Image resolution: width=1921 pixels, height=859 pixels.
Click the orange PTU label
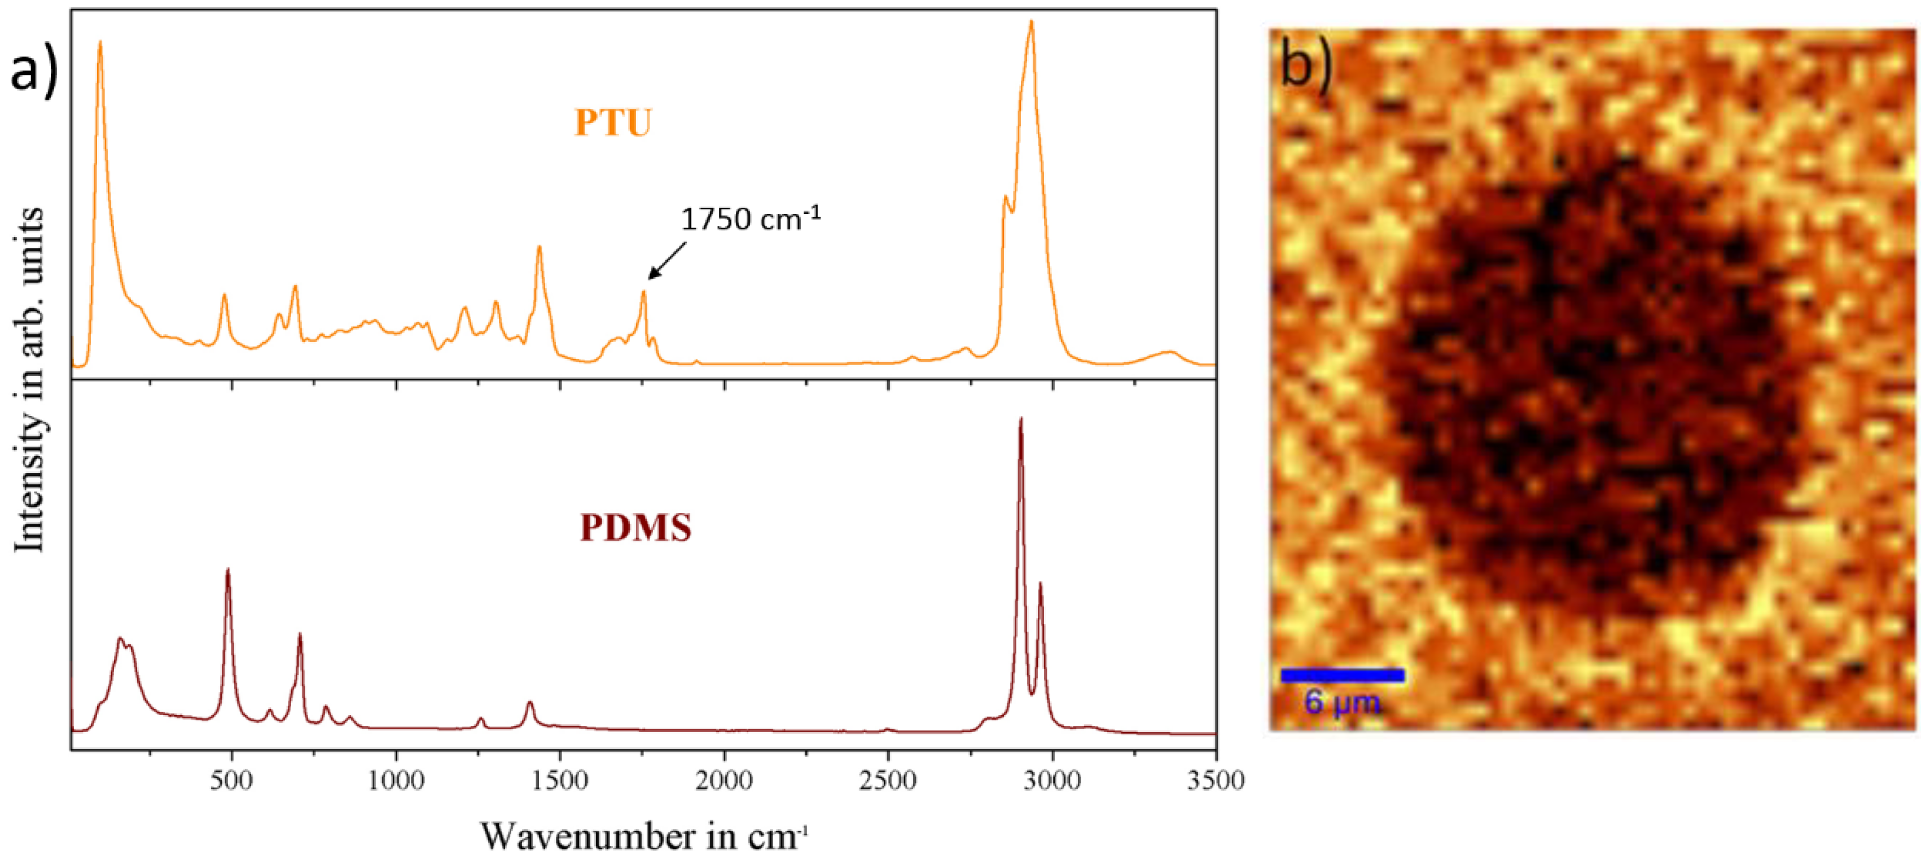[x=613, y=122]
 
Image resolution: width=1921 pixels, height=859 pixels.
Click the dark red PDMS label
[x=636, y=527]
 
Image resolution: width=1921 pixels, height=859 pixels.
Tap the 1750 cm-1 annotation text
[x=750, y=219]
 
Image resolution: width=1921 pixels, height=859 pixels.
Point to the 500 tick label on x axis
[x=231, y=781]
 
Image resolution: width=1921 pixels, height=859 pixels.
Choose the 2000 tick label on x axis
[x=723, y=781]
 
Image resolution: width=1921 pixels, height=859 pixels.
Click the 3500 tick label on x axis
[x=1216, y=781]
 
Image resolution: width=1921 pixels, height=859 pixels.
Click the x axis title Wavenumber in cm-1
[x=643, y=836]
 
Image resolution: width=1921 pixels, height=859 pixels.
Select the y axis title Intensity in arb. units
[x=30, y=380]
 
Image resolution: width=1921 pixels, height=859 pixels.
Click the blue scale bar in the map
[x=1343, y=676]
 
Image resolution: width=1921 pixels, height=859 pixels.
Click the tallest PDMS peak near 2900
[x=1020, y=420]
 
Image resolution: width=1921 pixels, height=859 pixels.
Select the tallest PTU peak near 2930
[x=1032, y=23]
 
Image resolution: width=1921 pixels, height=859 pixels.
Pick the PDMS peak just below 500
[x=227, y=571]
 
